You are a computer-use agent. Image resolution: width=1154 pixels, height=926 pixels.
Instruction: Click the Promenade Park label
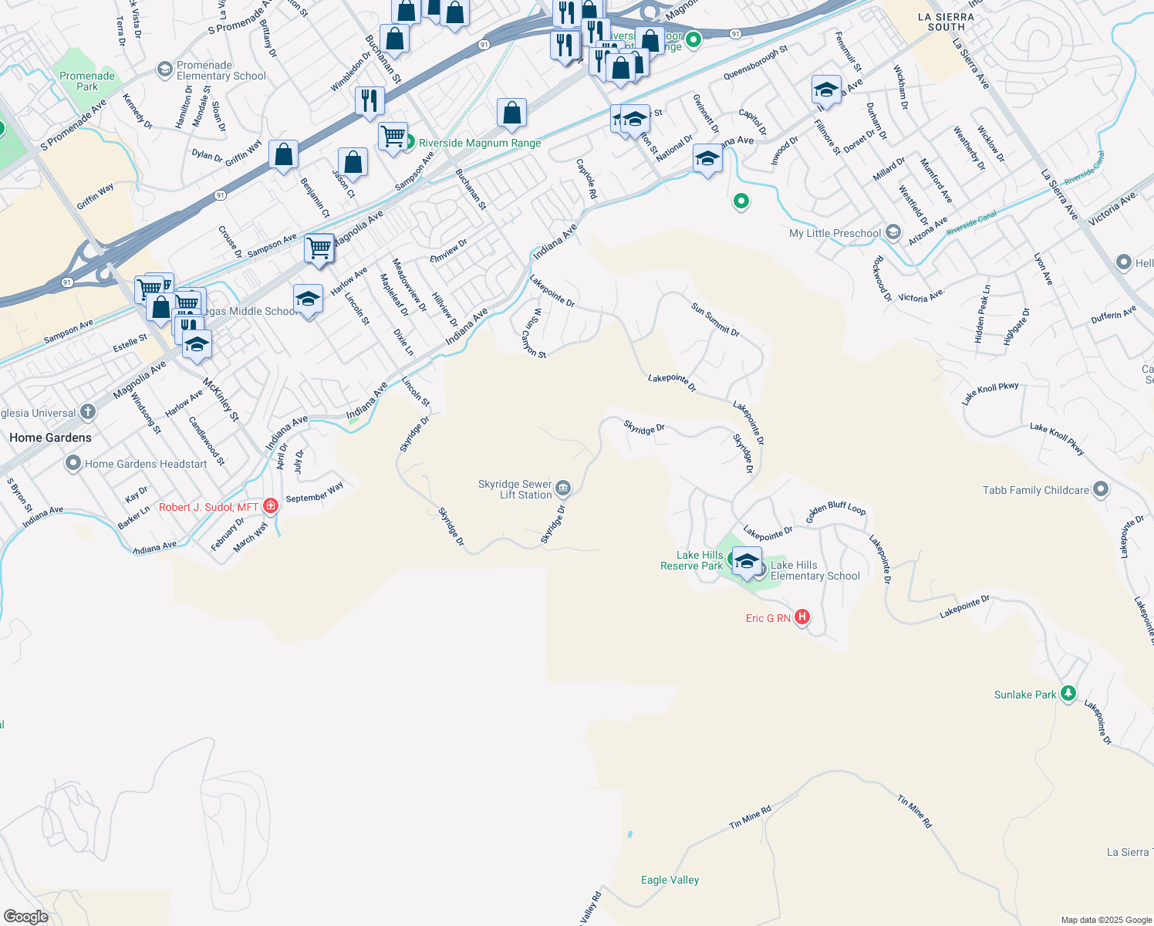pyautogui.click(x=87, y=81)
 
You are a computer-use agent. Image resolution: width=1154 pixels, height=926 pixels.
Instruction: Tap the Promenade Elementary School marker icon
pyautogui.click(x=164, y=70)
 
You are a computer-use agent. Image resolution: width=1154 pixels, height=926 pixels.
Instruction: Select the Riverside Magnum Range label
pyautogui.click(x=479, y=143)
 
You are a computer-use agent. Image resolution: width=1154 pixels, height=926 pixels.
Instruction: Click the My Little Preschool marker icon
pyautogui.click(x=893, y=232)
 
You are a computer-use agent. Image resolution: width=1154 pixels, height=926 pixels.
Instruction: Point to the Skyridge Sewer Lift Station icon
pyautogui.click(x=563, y=488)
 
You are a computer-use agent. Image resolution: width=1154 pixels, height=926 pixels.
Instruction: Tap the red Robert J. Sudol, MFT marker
pyautogui.click(x=270, y=506)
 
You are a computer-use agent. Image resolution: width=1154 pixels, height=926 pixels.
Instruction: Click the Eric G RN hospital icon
pyautogui.click(x=802, y=617)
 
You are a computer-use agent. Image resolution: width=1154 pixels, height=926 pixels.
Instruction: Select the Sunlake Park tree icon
pyautogui.click(x=1068, y=694)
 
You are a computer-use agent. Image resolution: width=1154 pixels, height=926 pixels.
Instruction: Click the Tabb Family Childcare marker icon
pyautogui.click(x=1101, y=489)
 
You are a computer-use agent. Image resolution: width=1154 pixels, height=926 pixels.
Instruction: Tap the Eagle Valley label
pyautogui.click(x=670, y=880)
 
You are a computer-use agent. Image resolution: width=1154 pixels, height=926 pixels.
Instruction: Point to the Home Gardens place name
pyautogui.click(x=50, y=438)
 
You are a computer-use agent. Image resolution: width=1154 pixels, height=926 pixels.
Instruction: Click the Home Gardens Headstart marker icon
pyautogui.click(x=73, y=464)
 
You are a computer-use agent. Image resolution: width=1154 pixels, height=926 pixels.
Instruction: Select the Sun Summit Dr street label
pyautogui.click(x=715, y=319)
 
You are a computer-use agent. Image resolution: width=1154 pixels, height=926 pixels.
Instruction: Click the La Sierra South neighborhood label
pyautogui.click(x=946, y=22)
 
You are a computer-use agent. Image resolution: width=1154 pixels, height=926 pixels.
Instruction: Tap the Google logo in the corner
pyautogui.click(x=26, y=917)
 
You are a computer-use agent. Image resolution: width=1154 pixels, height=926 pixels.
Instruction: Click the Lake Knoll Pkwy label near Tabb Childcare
pyautogui.click(x=1057, y=438)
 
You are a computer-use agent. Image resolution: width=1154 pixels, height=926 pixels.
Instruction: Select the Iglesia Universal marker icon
pyautogui.click(x=88, y=412)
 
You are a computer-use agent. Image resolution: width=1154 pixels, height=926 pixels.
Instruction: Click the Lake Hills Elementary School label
pyautogui.click(x=815, y=570)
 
